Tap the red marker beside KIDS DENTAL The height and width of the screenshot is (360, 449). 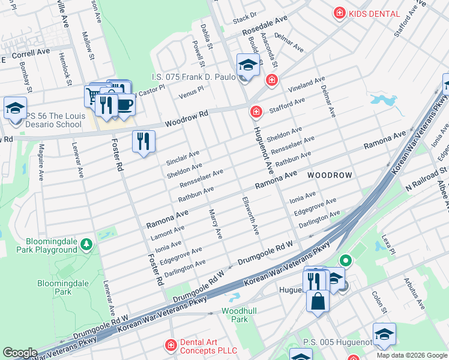coord(340,13)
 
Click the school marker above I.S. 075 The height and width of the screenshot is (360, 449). coord(247,65)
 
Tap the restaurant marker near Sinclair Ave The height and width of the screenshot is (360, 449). coord(143,142)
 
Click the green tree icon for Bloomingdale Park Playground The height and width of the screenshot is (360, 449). coord(87,244)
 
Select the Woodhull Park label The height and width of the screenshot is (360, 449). coord(235,315)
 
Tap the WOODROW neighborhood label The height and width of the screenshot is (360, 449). coord(329,175)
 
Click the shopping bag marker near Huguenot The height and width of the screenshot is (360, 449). coord(318,301)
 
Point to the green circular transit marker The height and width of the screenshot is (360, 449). coord(345,260)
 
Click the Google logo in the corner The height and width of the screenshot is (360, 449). coord(20,353)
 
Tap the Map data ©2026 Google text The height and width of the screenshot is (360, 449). coord(412,355)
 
